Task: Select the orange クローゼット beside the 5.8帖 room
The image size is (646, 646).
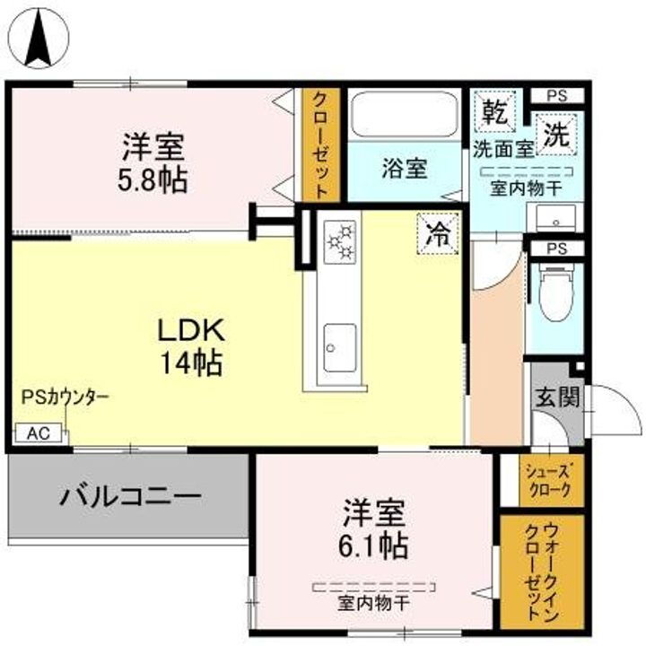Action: (x=320, y=144)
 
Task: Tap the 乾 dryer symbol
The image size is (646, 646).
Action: (x=493, y=112)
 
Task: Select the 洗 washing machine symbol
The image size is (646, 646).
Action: (x=557, y=135)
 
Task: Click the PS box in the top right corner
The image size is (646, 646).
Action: (x=556, y=95)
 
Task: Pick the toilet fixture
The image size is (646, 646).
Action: (x=556, y=292)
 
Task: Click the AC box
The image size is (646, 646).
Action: (x=38, y=433)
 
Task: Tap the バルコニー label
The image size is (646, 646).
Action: (x=130, y=496)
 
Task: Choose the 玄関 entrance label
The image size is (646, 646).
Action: (x=556, y=396)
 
